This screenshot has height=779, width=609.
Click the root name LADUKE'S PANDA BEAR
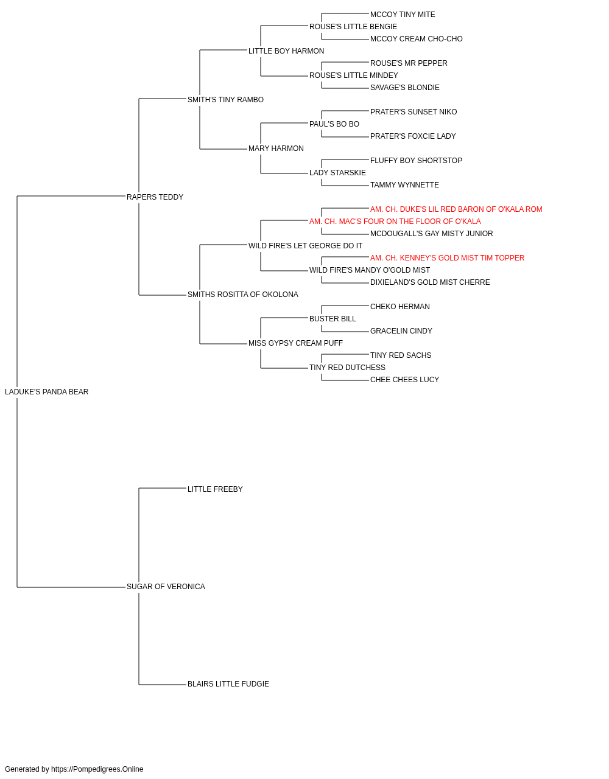click(47, 392)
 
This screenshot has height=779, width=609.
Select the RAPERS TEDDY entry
click(155, 197)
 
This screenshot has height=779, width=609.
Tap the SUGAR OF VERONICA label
click(166, 587)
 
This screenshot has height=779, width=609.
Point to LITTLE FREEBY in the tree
click(215, 489)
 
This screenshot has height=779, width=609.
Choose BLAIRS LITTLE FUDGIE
click(228, 684)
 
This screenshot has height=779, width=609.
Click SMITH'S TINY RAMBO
click(225, 100)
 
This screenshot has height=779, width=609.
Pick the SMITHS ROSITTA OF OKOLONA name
click(243, 295)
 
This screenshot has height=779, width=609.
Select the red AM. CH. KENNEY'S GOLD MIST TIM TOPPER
click(447, 258)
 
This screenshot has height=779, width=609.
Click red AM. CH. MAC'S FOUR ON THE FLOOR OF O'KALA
click(395, 221)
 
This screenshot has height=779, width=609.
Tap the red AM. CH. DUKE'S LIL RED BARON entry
click(456, 209)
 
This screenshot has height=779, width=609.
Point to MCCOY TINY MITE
click(403, 15)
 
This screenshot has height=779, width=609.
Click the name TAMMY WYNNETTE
click(404, 185)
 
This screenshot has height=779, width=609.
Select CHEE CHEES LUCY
click(404, 380)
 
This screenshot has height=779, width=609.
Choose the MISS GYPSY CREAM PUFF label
click(295, 343)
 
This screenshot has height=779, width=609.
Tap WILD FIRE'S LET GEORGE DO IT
click(305, 245)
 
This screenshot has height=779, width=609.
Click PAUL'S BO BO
click(334, 124)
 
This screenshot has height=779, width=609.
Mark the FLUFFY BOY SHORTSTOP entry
click(416, 161)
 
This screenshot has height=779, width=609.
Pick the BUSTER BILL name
click(333, 319)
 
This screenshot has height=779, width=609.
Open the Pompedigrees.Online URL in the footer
click(97, 769)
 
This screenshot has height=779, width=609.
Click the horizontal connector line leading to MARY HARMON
click(224, 148)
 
